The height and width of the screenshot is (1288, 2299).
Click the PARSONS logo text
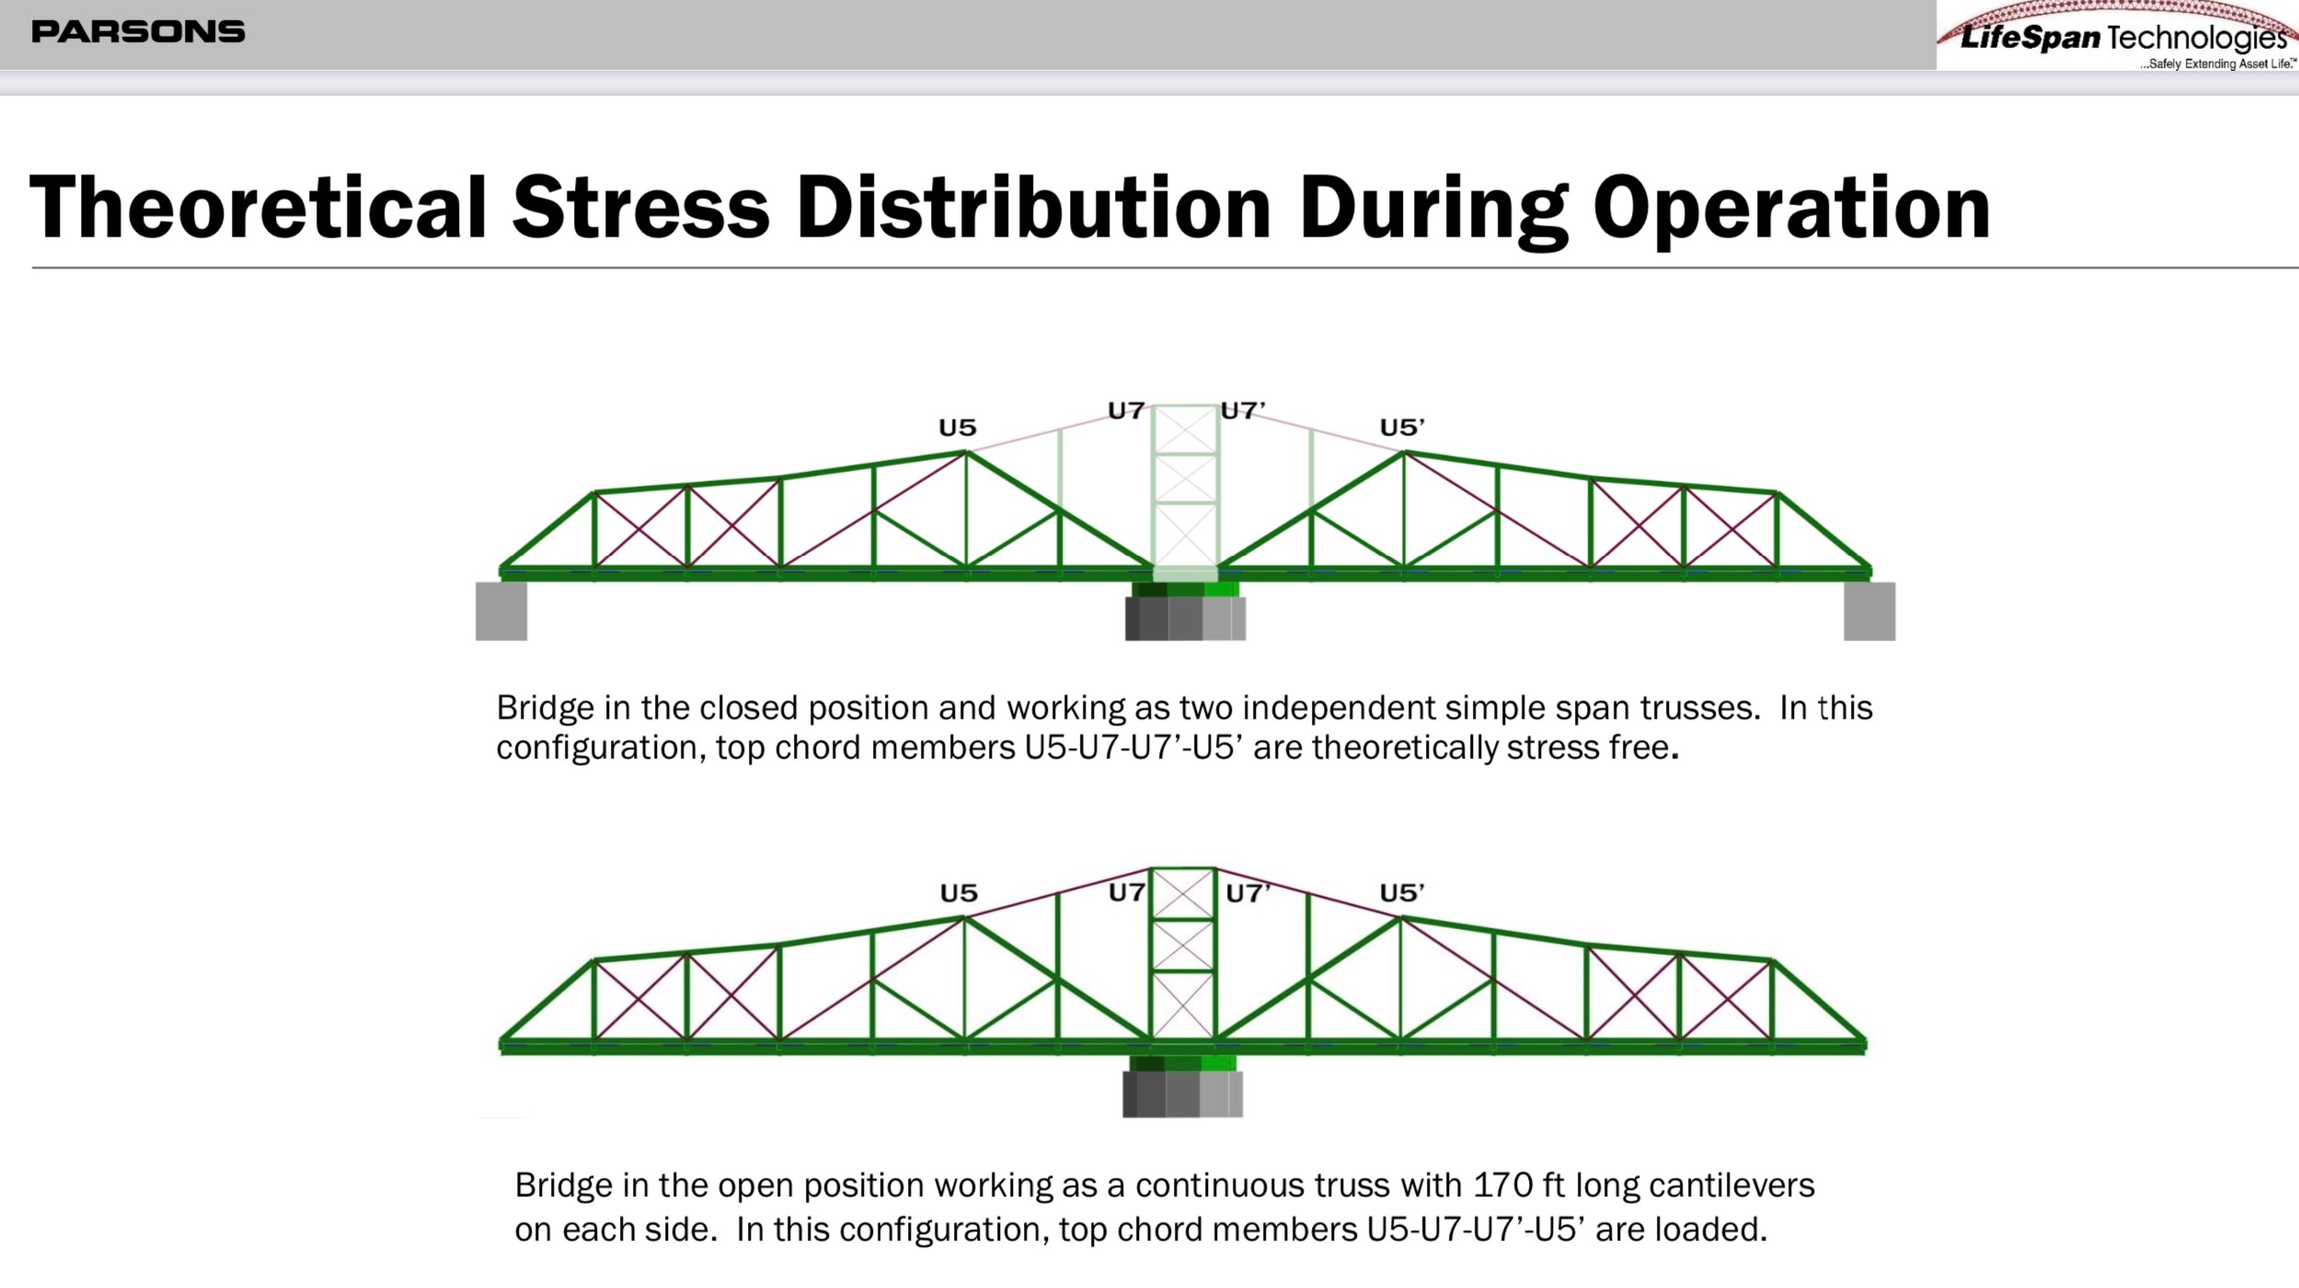(138, 32)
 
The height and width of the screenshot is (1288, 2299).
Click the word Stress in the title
(640, 207)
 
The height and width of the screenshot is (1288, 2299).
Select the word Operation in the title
(1791, 210)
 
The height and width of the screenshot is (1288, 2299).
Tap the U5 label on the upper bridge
(957, 428)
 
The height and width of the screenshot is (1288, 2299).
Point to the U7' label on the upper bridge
(1243, 410)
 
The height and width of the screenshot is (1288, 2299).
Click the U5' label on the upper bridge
(1402, 428)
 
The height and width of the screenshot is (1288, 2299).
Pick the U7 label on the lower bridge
(1127, 892)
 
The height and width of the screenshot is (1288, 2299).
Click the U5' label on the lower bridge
(1402, 892)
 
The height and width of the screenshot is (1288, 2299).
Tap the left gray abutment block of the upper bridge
(501, 611)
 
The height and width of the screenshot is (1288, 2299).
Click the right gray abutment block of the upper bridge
(1869, 611)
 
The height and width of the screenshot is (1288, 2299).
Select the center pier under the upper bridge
(1185, 612)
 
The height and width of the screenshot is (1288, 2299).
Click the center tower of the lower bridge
(1183, 954)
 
